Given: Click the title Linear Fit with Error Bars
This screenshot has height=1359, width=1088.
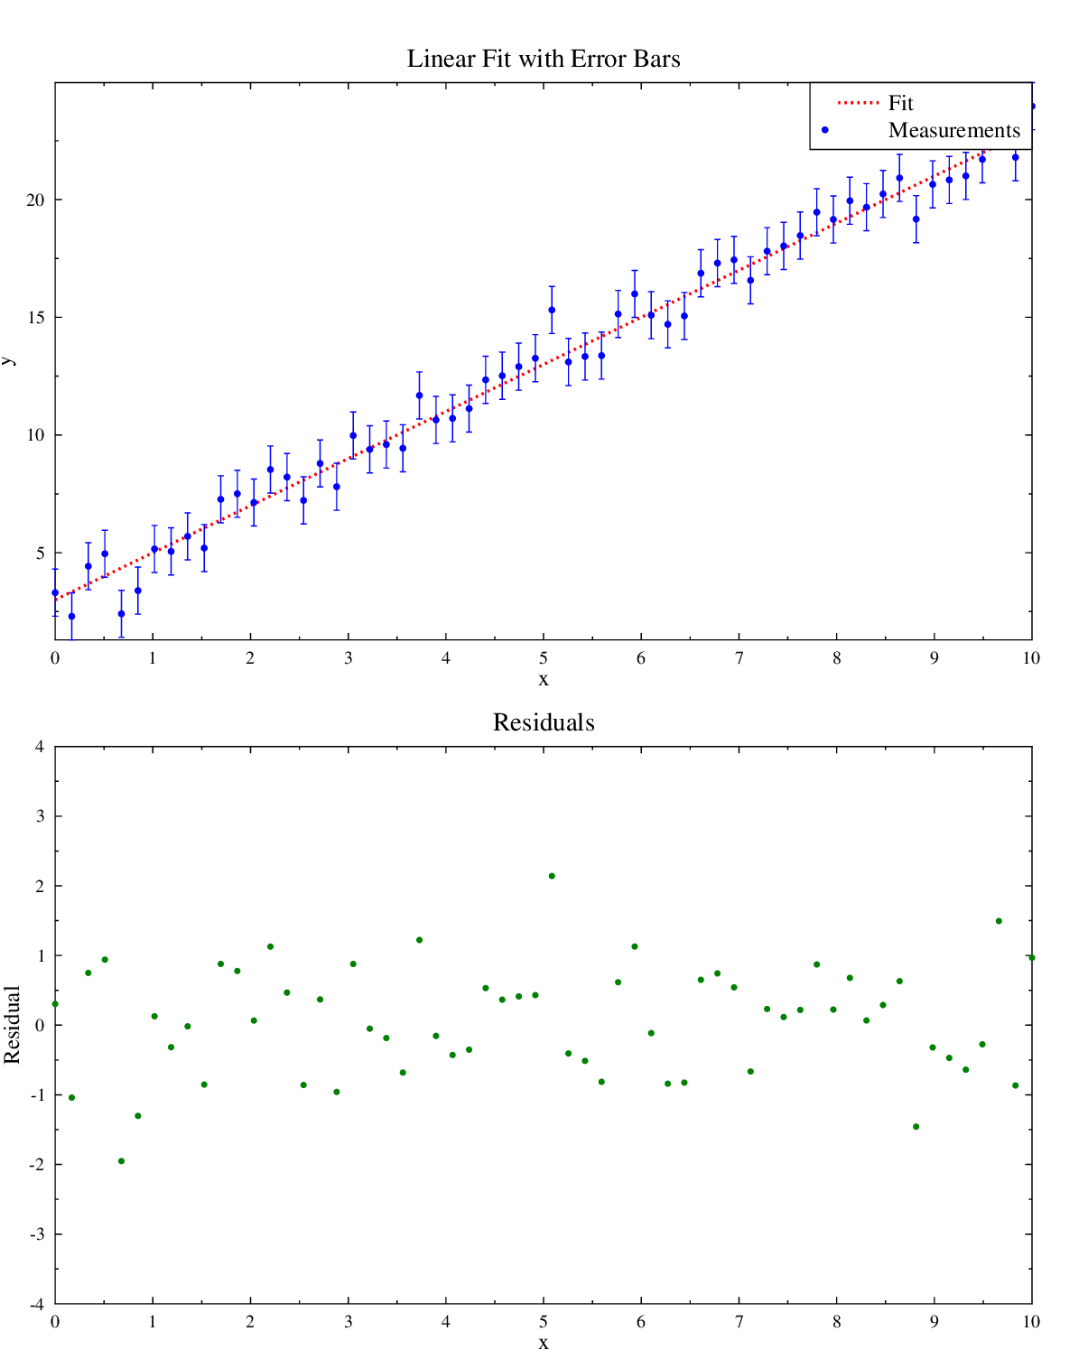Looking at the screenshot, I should tap(544, 59).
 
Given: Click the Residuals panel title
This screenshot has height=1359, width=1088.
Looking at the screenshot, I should tap(544, 722).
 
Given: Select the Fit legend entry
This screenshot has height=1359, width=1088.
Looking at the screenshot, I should tap(900, 103).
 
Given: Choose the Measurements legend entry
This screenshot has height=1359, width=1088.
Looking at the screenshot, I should tap(953, 130).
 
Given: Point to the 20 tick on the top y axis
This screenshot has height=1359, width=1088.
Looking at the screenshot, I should tap(35, 200).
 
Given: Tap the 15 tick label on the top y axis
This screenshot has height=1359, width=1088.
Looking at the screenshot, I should tap(35, 318).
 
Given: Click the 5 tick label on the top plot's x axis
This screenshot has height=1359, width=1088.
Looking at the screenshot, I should tap(544, 658).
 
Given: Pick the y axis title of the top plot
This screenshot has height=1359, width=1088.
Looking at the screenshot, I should tap(8, 360).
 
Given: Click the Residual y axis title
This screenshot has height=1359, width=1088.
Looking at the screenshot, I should tap(12, 1025).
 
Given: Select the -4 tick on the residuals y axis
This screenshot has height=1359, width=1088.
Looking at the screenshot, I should tap(37, 1304).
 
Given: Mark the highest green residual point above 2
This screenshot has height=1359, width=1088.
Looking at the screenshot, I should tap(552, 876).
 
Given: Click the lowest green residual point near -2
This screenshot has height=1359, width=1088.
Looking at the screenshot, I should tap(121, 1161).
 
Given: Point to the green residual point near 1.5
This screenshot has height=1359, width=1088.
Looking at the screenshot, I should tap(999, 921).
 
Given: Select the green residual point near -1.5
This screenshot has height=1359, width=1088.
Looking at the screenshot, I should tap(916, 1127).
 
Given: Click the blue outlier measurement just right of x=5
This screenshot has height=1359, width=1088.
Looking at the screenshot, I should tap(552, 310).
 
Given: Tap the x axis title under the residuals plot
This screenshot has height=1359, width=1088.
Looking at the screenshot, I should tap(544, 1343).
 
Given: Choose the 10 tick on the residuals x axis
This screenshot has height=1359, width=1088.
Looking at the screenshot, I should tap(1031, 1322).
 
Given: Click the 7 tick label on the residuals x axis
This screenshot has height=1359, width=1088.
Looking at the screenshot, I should tap(739, 1322).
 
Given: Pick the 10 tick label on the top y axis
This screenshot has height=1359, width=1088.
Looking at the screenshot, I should tap(35, 435).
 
